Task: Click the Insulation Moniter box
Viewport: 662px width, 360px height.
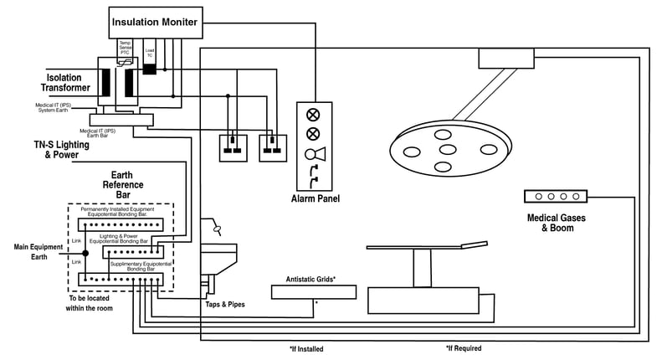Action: [x=156, y=22]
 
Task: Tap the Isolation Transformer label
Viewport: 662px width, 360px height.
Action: [x=65, y=82]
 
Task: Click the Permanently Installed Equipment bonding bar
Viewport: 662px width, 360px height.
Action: [x=123, y=224]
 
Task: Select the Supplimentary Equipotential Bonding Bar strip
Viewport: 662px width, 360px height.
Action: [x=126, y=278]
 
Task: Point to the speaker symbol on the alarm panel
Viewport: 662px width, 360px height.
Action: [x=314, y=154]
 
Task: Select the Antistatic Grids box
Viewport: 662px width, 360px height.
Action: [x=314, y=291]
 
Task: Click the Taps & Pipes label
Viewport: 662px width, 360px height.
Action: [x=225, y=305]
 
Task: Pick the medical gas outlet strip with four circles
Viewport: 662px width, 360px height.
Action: [x=556, y=197]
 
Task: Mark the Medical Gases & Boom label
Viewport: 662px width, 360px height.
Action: [x=556, y=224]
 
